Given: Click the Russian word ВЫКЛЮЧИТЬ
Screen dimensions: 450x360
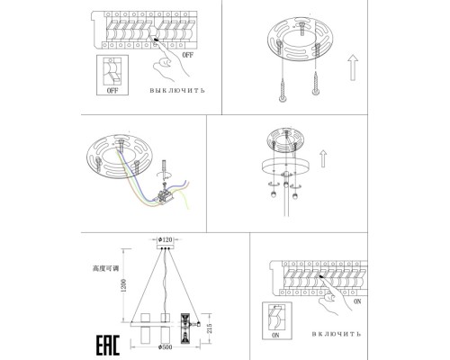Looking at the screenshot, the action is click(177, 90).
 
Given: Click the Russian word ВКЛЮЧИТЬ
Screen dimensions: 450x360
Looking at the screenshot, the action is click(337, 334).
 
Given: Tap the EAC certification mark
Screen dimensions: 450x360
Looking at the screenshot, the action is click(108, 345).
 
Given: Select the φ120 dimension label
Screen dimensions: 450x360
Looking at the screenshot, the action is click(166, 239).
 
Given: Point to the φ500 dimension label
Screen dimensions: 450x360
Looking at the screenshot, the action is click(166, 347).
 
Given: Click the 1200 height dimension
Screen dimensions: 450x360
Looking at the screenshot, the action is click(124, 285).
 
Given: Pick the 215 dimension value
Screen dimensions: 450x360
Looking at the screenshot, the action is click(210, 328).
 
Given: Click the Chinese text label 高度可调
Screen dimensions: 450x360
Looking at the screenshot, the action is click(105, 268).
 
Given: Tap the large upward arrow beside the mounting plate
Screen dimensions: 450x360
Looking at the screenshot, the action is click(353, 67).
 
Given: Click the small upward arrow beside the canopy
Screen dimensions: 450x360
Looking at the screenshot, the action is click(323, 158).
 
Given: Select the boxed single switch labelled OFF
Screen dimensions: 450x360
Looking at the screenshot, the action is click(112, 75).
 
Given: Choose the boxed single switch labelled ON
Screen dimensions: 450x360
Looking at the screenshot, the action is click(277, 320).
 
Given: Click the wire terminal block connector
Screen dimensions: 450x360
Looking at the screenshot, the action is click(164, 197).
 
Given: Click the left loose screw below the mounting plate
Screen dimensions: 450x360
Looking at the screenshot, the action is click(283, 90).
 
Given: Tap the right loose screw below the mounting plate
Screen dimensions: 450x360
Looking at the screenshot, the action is click(315, 83).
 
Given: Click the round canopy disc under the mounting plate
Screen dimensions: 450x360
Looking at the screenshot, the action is click(286, 166).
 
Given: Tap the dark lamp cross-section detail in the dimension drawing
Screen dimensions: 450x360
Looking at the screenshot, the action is click(184, 328).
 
